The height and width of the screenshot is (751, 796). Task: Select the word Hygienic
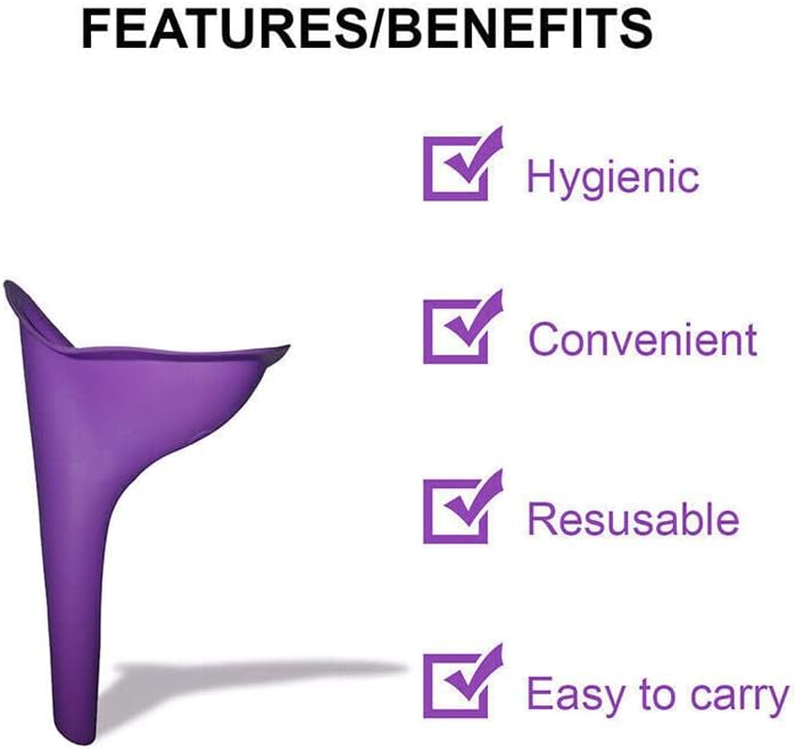[612, 176]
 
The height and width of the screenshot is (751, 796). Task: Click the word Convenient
[642, 339]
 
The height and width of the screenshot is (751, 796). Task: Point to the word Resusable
[633, 519]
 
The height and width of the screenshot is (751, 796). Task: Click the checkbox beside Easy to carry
[457, 685]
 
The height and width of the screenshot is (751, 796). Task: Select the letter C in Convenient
[543, 339]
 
